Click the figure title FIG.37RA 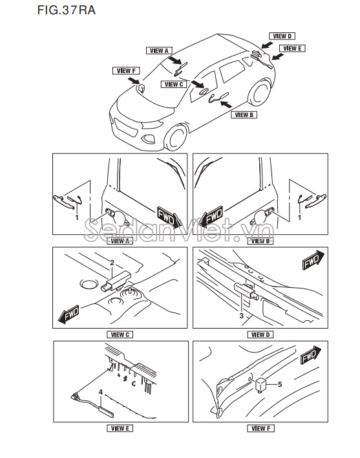[66, 10]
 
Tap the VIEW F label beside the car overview [126, 71]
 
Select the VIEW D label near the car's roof [282, 36]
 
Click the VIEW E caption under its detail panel [120, 428]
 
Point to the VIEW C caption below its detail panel [120, 334]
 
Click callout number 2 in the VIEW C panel [112, 263]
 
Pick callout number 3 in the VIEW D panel [241, 316]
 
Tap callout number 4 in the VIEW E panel [101, 392]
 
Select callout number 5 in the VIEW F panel [280, 384]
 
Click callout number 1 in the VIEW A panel [77, 217]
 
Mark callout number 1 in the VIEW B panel [299, 217]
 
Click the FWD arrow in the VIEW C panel [69, 314]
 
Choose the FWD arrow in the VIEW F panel [311, 355]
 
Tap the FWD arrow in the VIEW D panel [313, 260]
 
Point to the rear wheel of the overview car [260, 93]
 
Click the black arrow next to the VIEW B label [226, 104]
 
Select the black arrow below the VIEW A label [175, 60]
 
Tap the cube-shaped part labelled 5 [261, 385]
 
